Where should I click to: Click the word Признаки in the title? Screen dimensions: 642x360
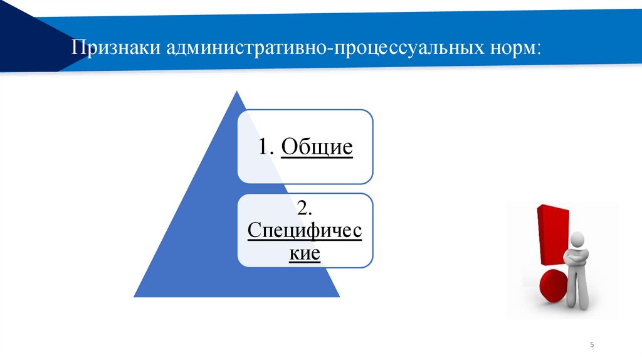115,49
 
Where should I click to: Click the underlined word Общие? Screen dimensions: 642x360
317,148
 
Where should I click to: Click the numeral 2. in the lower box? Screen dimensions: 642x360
305,208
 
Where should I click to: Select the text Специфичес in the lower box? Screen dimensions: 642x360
305,231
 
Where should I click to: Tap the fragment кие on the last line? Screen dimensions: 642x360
305,254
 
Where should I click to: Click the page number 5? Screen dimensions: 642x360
592,346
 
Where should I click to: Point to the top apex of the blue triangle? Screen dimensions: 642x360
236,92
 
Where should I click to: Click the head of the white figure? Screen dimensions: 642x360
577,239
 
